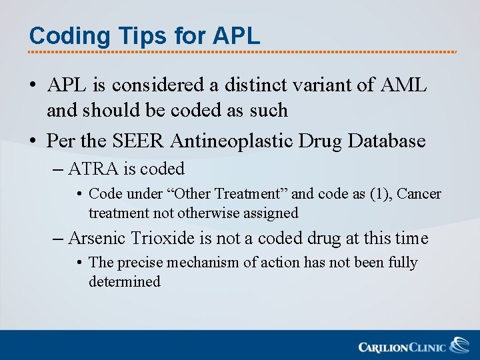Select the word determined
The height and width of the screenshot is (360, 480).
coord(125,281)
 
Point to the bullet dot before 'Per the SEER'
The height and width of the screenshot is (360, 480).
coord(33,141)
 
